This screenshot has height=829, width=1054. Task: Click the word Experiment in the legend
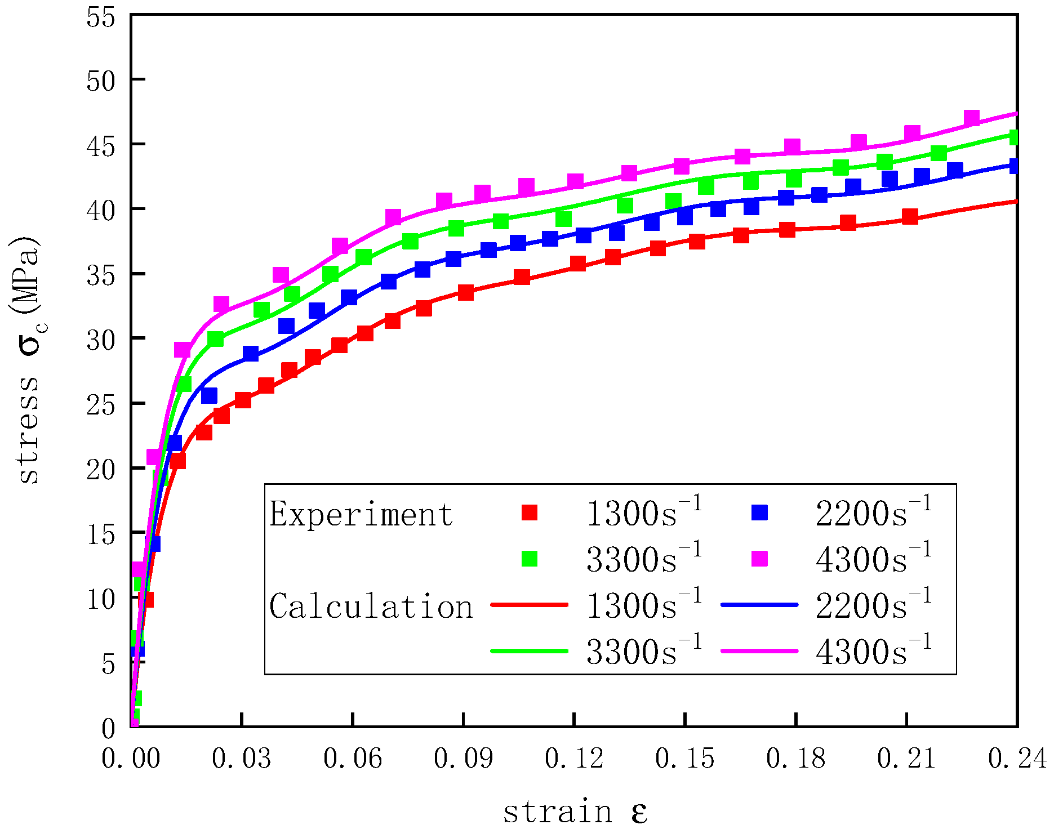coord(361,514)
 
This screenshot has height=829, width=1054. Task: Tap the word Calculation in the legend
coord(371,607)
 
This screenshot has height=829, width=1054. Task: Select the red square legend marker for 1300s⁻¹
coord(530,512)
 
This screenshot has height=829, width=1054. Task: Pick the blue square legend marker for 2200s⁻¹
coord(759,512)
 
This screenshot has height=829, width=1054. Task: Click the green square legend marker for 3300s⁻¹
coord(530,559)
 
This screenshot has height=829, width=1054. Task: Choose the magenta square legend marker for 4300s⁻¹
coord(759,559)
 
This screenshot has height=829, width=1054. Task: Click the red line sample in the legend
coord(530,605)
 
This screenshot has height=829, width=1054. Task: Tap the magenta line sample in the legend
coord(759,651)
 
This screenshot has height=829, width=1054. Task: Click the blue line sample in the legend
coord(759,605)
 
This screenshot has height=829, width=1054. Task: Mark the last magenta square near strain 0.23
coord(971,118)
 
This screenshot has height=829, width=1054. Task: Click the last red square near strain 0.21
coord(910,216)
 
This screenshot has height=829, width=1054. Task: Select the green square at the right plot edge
coord(1014,137)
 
